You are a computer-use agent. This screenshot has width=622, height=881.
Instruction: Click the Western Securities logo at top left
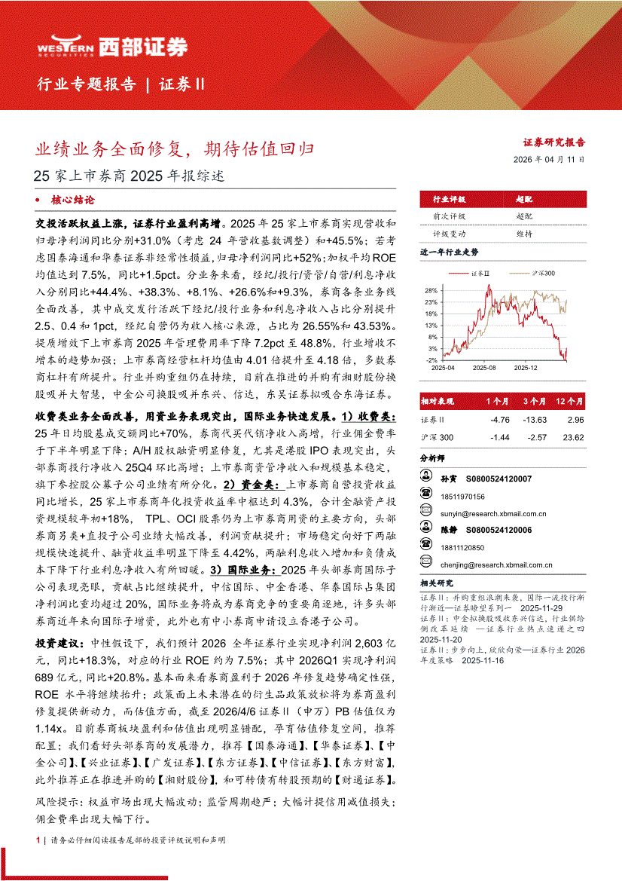coord(112,47)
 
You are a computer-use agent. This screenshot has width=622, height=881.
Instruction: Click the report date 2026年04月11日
coord(548,160)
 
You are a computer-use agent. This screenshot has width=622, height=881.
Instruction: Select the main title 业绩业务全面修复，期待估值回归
coord(175,148)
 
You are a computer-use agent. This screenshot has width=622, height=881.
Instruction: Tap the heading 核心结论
coord(72,200)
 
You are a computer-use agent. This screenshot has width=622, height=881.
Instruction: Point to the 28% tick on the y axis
coord(431,290)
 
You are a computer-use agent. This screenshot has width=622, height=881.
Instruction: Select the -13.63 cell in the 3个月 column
coord(535,421)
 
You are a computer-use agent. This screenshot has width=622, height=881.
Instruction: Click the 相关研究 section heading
coord(437,583)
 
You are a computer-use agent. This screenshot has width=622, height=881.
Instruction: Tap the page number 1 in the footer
coord(38,840)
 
